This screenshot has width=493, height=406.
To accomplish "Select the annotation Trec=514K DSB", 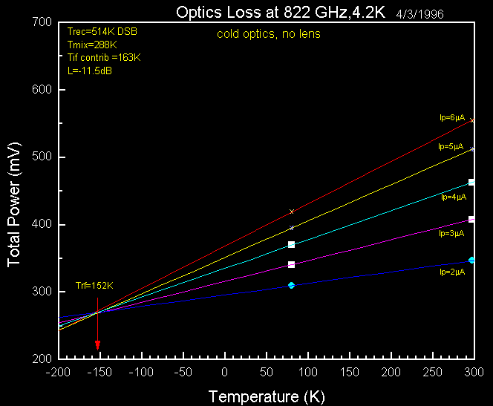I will click(102, 32).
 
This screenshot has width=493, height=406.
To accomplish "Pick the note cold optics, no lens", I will click(269, 34).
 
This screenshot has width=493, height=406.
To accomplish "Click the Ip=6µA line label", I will click(451, 117).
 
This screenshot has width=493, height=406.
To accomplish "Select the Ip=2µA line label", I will click(451, 272).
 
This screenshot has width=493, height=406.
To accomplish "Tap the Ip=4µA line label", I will click(453, 197).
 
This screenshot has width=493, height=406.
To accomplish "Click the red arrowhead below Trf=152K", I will click(97, 345).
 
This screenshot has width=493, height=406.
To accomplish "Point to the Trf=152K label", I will click(94, 286).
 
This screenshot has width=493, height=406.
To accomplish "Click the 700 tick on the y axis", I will click(41, 22).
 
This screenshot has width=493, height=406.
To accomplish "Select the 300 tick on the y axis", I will click(41, 292).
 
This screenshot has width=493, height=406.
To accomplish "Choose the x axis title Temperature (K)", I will click(267, 396).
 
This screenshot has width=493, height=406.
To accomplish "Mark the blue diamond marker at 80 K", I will click(291, 285).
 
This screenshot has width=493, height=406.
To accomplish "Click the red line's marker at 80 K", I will click(291, 212).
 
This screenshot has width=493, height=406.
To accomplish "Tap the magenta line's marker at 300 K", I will click(471, 219).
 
